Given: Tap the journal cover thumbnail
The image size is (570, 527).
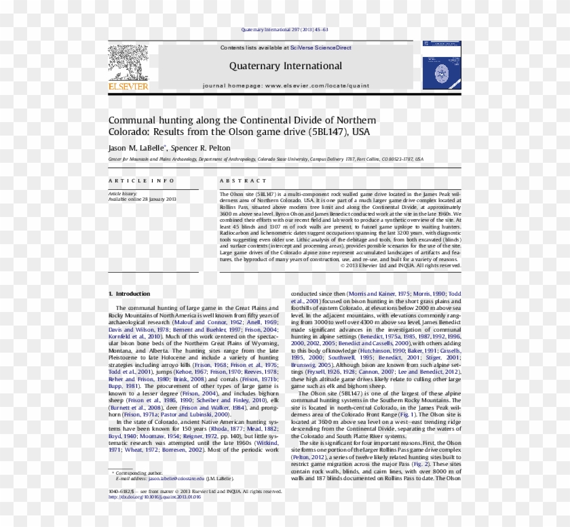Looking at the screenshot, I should pyautogui.click(x=441, y=66).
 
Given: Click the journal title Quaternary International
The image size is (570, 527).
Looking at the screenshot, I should pyautogui.click(x=285, y=66).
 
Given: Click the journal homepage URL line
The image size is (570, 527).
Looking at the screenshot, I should pyautogui.click(x=285, y=87).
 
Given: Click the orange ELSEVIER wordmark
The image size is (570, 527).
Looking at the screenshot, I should pyautogui.click(x=128, y=87).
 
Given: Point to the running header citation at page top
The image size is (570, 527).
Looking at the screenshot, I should pyautogui.click(x=285, y=29).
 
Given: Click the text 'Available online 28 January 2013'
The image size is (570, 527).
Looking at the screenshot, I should pyautogui.click(x=142, y=199).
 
